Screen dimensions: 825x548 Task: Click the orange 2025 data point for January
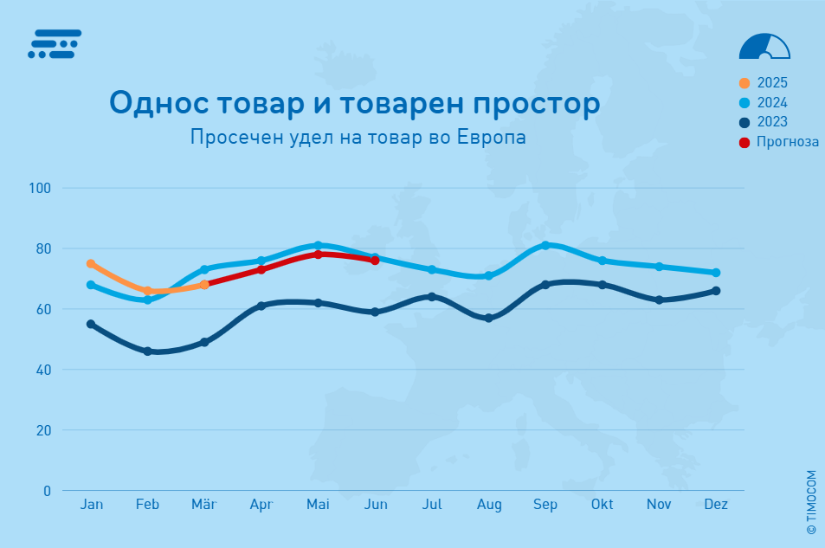(x=91, y=264)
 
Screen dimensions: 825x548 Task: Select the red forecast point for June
(x=375, y=261)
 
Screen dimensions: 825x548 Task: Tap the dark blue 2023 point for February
(x=147, y=351)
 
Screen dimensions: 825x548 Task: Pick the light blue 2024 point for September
(x=545, y=245)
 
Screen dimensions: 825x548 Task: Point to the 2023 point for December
(x=716, y=291)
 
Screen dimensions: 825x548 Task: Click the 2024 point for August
(x=488, y=276)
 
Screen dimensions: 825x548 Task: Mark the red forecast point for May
(x=318, y=255)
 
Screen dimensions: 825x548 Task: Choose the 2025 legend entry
(x=764, y=83)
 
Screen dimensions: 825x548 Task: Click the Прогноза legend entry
(x=779, y=142)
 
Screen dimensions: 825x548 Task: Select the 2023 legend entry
(x=764, y=122)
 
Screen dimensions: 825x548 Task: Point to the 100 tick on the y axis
(x=40, y=188)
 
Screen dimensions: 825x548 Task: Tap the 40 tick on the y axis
(x=43, y=370)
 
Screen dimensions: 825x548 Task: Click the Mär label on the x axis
(x=204, y=505)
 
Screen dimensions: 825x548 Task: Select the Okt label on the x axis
(x=602, y=505)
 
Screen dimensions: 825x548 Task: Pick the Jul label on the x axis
(x=431, y=505)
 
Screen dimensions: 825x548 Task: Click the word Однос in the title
(x=158, y=103)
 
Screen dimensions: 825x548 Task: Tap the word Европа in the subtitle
(x=492, y=137)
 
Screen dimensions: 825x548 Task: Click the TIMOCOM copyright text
(x=811, y=502)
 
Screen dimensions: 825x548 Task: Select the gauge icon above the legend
(x=764, y=47)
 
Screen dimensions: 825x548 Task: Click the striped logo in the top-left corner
(x=55, y=43)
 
